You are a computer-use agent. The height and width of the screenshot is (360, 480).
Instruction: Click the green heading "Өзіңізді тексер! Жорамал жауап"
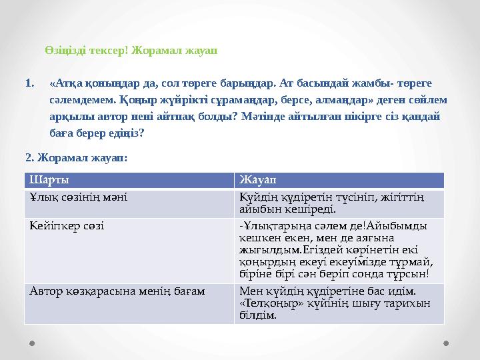[131, 51]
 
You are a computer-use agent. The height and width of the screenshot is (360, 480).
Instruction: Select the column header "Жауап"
[257, 181]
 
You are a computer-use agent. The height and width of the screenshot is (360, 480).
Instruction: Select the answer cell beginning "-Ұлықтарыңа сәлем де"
[337, 249]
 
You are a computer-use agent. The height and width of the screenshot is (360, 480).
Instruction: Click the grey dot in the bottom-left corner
[32, 343]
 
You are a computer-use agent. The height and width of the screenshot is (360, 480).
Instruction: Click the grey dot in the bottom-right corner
[446, 343]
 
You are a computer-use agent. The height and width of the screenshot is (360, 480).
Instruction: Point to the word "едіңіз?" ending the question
[125, 133]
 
